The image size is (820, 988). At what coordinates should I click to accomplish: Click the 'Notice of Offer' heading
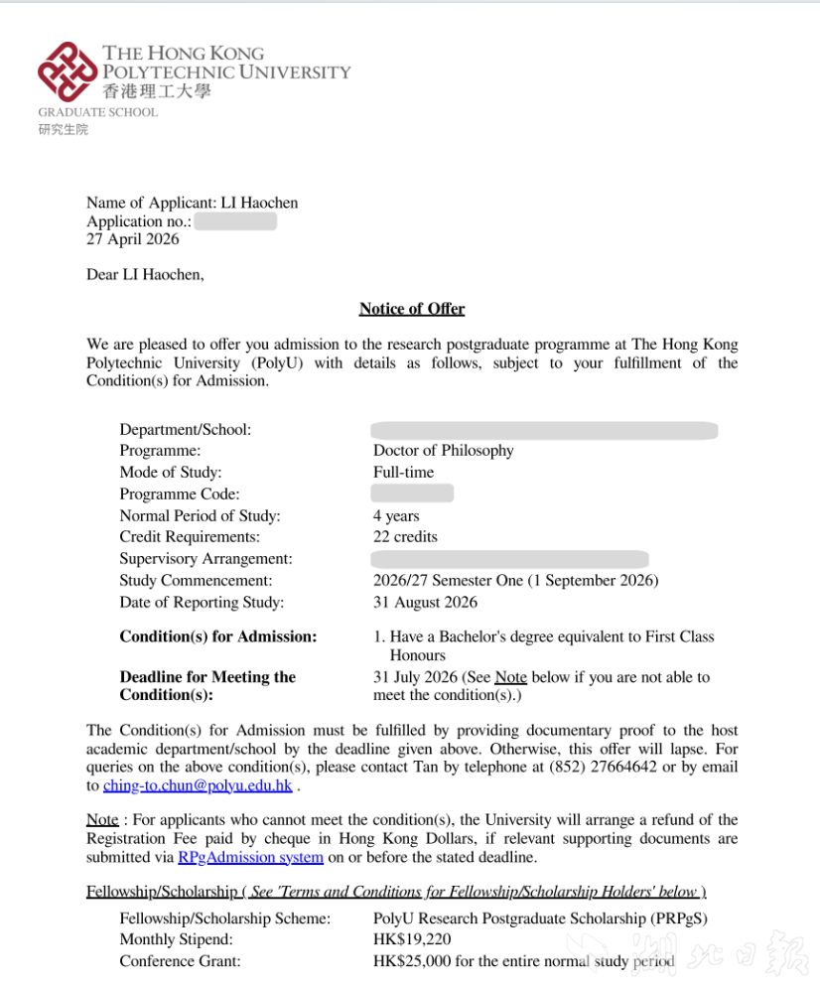412,309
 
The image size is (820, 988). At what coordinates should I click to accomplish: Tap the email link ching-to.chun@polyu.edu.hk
198,785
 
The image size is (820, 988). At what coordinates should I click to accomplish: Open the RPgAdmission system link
250,857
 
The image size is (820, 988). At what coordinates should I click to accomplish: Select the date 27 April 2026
133,239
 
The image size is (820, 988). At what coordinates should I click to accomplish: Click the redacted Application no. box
235,221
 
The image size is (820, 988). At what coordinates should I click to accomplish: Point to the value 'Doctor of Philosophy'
443,451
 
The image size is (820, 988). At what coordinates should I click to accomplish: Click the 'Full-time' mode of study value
403,473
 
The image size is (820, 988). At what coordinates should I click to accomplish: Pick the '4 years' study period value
396,516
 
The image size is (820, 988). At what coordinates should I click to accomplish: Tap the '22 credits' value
405,537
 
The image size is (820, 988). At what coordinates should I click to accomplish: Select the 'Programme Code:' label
180,494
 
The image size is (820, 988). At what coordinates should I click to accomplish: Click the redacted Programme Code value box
412,494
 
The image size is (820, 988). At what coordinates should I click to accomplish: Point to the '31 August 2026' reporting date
425,603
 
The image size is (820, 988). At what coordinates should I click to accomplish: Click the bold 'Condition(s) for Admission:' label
218,636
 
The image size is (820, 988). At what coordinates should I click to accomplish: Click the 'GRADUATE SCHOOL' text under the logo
97,112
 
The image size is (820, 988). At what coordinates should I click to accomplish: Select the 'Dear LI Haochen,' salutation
145,274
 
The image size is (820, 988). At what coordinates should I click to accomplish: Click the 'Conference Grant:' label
180,961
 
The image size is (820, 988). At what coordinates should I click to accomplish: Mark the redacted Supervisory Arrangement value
510,559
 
